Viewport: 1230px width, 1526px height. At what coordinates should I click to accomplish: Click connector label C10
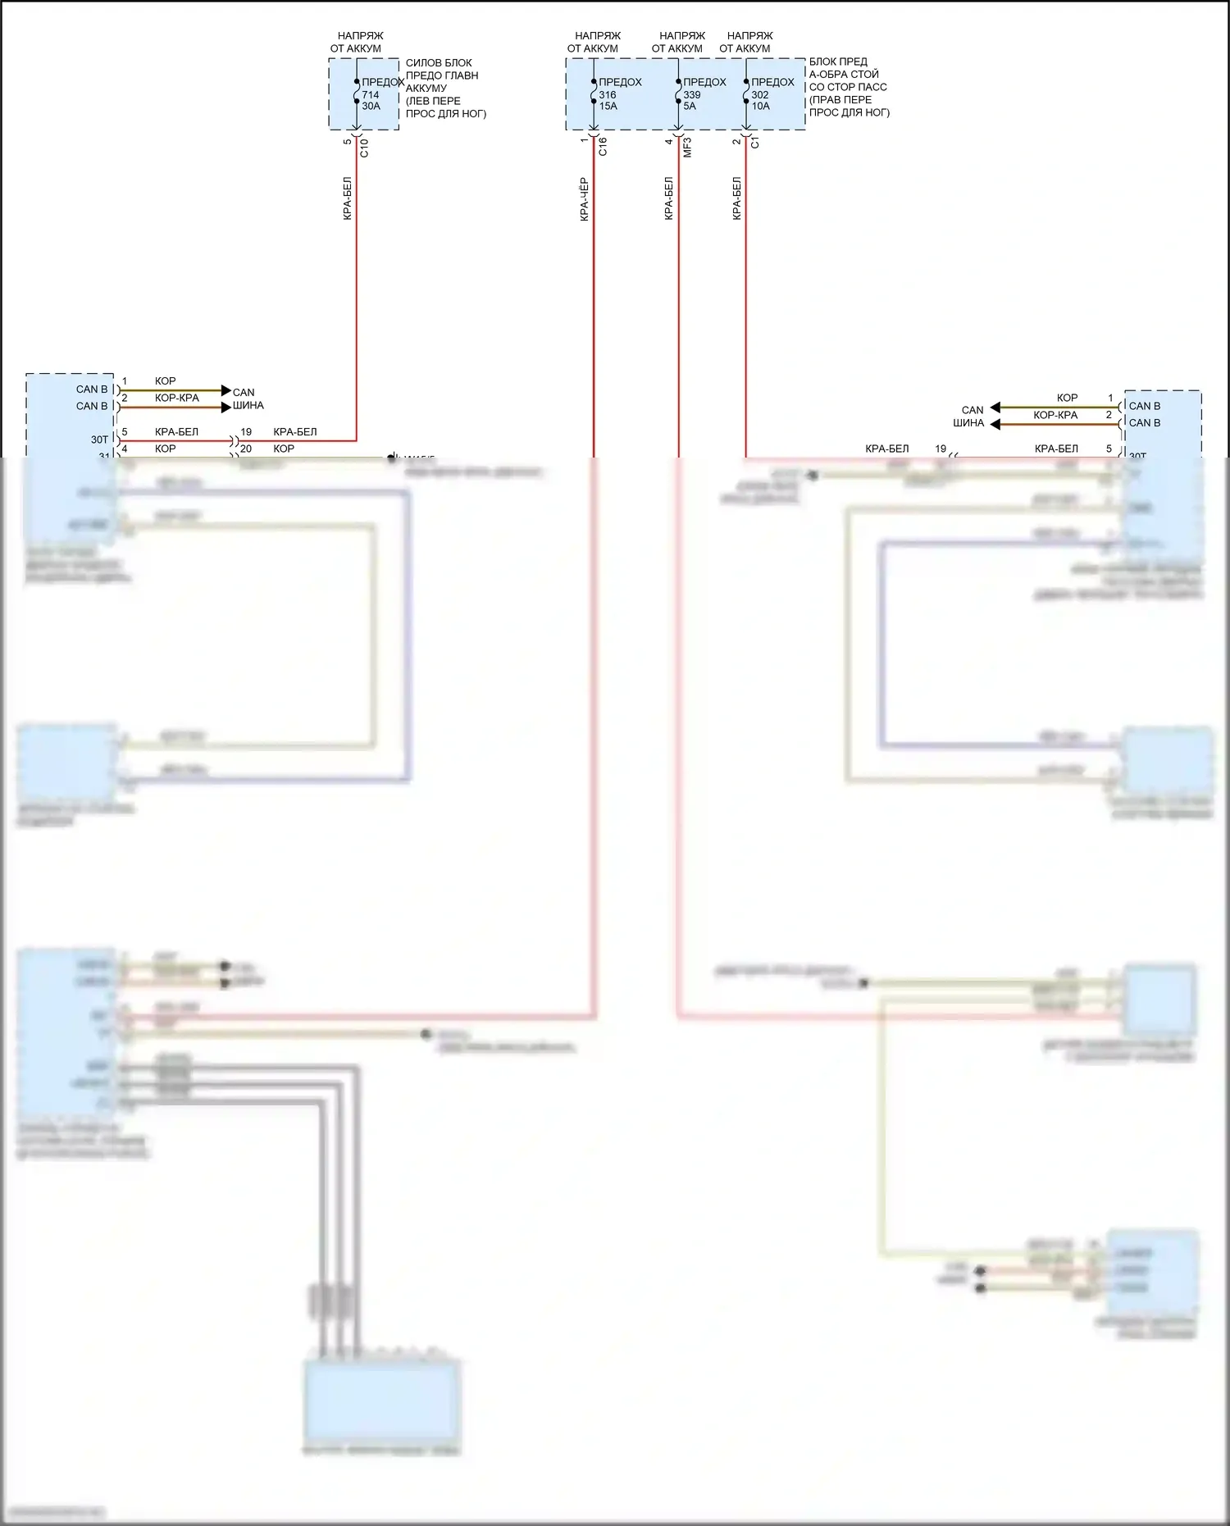(364, 148)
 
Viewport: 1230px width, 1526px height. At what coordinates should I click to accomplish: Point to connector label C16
(603, 147)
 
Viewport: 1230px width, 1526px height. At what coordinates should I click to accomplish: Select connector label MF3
(687, 148)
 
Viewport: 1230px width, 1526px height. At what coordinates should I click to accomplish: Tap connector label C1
(755, 142)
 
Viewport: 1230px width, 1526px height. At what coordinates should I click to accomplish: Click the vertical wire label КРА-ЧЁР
(584, 199)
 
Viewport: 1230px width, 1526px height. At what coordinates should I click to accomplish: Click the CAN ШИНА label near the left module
(248, 399)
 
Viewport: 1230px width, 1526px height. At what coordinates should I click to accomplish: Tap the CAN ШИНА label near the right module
(969, 417)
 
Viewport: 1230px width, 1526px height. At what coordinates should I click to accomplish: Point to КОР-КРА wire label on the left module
(176, 398)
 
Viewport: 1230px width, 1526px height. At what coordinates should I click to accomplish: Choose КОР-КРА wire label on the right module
(1055, 415)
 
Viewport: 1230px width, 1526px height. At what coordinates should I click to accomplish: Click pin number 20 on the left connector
(246, 449)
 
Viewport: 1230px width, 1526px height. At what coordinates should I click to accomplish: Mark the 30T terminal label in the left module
(99, 440)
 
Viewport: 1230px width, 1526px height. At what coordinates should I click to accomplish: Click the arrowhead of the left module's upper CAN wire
(226, 390)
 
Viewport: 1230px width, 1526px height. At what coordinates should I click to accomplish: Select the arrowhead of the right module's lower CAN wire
(995, 424)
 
